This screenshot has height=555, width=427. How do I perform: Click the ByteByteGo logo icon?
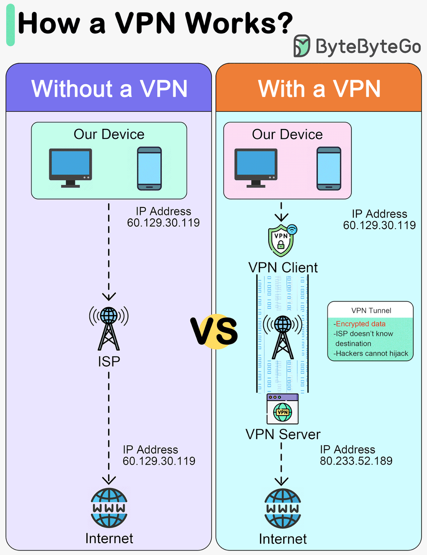point(302,46)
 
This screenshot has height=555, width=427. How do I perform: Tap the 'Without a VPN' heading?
point(109,89)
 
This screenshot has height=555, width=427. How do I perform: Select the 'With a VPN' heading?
point(319,89)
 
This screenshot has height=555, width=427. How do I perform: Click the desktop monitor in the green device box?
point(70,167)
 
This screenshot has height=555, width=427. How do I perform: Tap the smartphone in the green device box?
point(149,168)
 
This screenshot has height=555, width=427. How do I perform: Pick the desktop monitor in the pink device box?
point(256,167)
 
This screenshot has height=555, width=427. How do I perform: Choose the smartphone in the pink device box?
point(329,168)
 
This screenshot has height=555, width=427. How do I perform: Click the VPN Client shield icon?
point(281,240)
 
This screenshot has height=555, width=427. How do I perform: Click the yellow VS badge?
point(215,331)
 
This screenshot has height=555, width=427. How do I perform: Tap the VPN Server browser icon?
point(283,409)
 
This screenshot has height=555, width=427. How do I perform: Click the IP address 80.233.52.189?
point(356,461)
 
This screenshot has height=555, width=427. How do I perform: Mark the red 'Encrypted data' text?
point(360,324)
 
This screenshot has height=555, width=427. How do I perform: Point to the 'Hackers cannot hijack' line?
point(371,354)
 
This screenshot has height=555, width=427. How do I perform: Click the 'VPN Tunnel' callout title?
point(371,311)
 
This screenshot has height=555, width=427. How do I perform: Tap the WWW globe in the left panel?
point(109,508)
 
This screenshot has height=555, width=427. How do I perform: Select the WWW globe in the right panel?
point(283,508)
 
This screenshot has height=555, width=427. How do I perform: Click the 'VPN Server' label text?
point(283,434)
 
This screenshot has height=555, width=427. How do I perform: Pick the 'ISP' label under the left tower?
point(109,362)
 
